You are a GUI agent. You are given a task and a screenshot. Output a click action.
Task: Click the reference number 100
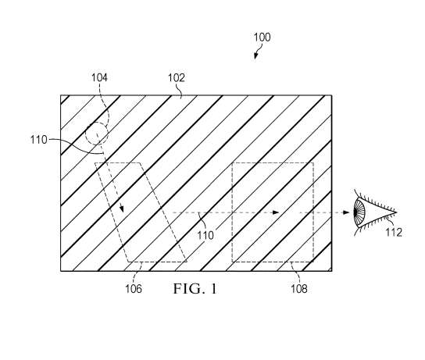coord(262,37)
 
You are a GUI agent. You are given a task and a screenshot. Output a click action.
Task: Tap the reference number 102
coord(177,78)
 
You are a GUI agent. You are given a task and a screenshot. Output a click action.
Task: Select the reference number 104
coord(99,77)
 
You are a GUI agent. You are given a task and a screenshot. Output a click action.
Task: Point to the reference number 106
coord(134,288)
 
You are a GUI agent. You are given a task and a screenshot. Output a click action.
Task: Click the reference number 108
coord(299,288)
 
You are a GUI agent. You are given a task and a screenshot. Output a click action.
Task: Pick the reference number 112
coord(394,232)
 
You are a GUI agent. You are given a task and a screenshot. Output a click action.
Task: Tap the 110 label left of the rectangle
coord(39,140)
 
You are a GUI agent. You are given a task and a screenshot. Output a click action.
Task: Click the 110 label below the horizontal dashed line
coord(205,235)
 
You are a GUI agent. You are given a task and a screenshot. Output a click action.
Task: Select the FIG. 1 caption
coord(195,289)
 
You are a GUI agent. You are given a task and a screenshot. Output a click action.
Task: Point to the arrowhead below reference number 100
coord(255,56)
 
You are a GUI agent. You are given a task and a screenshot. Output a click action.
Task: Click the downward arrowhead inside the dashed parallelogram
coord(122,209)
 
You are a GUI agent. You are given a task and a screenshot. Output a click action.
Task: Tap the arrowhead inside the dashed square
coord(276,212)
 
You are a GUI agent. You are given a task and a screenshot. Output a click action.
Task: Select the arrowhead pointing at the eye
coord(346,212)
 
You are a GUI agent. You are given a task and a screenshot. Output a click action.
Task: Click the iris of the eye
coord(359,213)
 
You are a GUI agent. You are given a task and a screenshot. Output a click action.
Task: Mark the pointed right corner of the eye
coord(397,212)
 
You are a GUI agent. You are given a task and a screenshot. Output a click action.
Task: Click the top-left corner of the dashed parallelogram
coord(95,162)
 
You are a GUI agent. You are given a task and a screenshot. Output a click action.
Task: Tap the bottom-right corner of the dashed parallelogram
coord(187,262)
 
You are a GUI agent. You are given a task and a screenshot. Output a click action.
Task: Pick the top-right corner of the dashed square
coord(313,162)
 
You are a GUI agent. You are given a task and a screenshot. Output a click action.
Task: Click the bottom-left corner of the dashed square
coord(232,262)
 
